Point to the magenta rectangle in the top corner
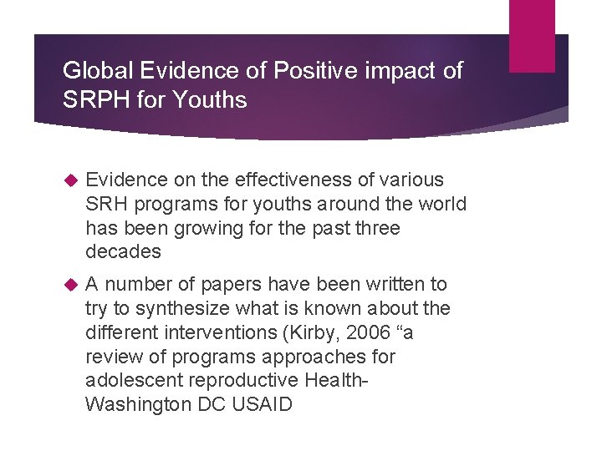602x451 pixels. [x=532, y=35]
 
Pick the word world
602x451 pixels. [x=440, y=205]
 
